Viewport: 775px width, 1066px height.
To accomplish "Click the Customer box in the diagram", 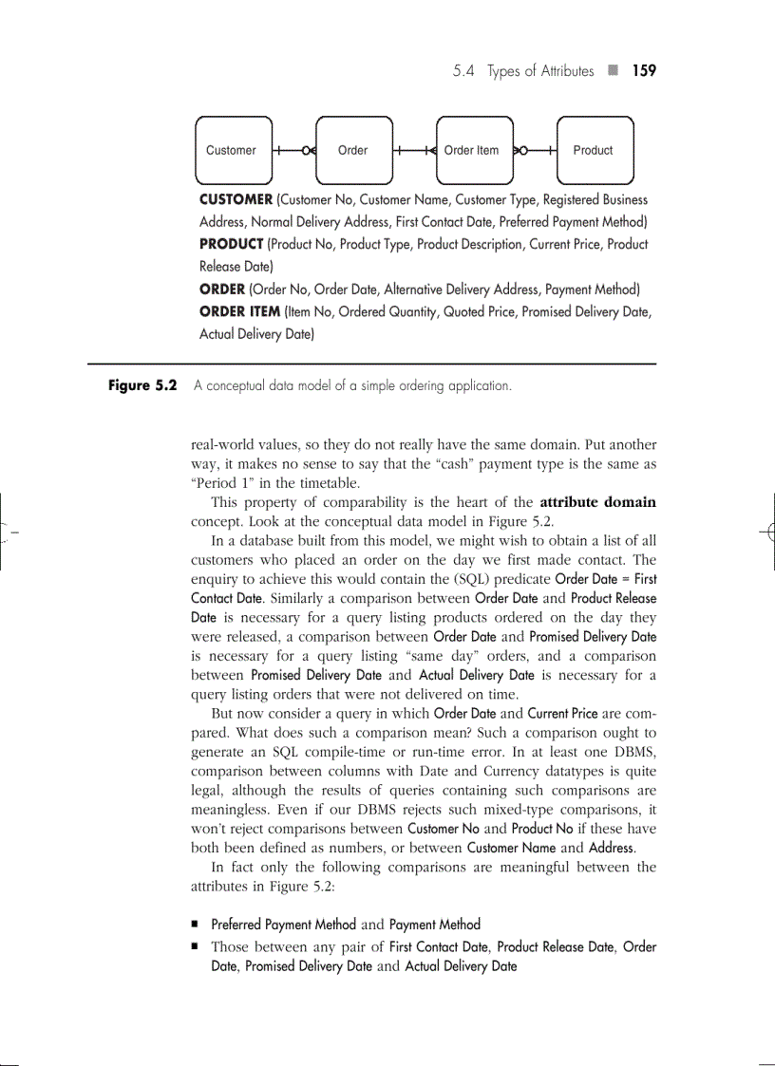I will coord(233,150).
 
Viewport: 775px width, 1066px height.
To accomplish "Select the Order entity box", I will coord(353,150).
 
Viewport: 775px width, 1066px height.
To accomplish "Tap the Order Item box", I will coord(473,150).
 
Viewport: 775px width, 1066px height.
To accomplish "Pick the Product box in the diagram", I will coord(594,150).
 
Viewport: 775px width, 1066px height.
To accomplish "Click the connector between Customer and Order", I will coord(293,150).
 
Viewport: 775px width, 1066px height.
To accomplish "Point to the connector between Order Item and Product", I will coord(534,150).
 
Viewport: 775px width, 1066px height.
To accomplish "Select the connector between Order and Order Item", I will coord(414,150).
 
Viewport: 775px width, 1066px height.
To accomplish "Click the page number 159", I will coord(644,71).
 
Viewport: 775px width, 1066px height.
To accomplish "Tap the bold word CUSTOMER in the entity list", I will coord(236,200).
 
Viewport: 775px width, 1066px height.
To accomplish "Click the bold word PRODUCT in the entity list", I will coord(231,245).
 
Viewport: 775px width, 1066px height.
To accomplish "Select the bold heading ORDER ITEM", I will coord(239,311).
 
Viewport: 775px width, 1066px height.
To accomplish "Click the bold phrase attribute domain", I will coord(597,502).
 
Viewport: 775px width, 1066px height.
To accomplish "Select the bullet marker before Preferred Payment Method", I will coord(194,925).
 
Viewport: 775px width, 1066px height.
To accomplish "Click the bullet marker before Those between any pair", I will coord(194,947).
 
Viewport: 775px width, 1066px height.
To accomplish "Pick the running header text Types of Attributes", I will coord(540,71).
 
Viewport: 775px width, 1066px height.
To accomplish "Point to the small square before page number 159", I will coord(614,71).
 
